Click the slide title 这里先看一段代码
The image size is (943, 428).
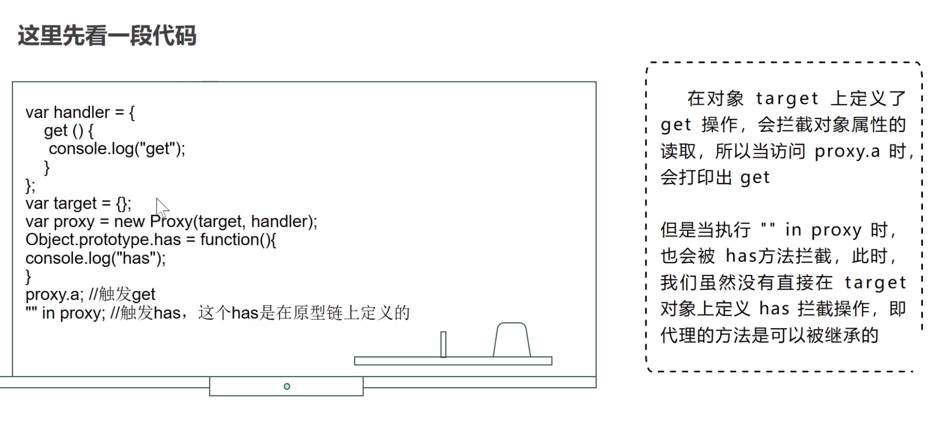click(x=107, y=36)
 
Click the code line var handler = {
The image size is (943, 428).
click(x=80, y=112)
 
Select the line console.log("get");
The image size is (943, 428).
click(x=117, y=149)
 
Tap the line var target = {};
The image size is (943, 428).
click(x=78, y=203)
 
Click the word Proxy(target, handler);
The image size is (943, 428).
click(x=234, y=221)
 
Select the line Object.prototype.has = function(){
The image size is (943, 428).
click(x=151, y=239)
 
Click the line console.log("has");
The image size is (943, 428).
click(x=95, y=258)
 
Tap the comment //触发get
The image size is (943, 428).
click(x=122, y=294)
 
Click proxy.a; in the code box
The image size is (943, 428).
click(x=54, y=295)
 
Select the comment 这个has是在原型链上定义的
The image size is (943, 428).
click(x=304, y=313)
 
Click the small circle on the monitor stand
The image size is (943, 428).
click(x=287, y=386)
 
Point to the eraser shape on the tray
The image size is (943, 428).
click(x=511, y=340)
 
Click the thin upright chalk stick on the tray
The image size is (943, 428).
click(x=443, y=344)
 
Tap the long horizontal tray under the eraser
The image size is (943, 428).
click(x=453, y=361)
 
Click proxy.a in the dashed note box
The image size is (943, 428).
click(x=847, y=151)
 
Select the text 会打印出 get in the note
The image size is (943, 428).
click(x=715, y=178)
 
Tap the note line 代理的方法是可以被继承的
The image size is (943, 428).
click(x=769, y=335)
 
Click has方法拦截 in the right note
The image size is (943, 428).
click(x=779, y=256)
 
